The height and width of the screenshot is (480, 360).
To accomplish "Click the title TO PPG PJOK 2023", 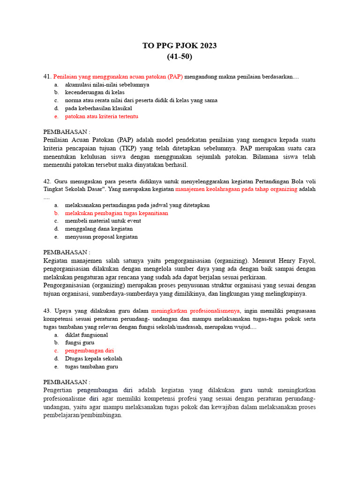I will coord(180,45).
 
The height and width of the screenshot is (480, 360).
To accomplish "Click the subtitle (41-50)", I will coord(180,57).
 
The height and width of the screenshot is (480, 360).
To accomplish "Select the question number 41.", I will coord(47,76).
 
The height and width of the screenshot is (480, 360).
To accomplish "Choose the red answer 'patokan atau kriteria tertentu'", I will coord(102,116).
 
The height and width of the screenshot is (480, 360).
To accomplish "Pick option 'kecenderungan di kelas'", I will coord(95,92).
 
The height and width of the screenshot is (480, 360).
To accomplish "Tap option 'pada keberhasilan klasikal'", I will coord(98,108).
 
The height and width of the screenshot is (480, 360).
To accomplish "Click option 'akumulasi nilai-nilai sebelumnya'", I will coord(107,84).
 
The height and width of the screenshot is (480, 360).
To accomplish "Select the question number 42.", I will coord(47,181).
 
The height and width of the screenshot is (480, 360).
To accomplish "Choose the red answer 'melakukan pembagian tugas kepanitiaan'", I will coord(116,213).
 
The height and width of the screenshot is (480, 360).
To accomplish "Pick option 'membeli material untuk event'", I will coord(103,221).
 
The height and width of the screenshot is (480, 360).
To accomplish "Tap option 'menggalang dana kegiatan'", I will coord(99,229).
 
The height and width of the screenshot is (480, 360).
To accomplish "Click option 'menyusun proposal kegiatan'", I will coord(101,237).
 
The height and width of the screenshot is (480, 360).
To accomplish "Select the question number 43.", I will coord(47,311).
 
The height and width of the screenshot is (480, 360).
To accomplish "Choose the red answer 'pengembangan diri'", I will coord(90,351).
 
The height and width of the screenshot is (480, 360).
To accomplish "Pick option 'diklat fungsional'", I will coord(86,335).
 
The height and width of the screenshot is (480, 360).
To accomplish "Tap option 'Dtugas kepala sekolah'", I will coord(94,359).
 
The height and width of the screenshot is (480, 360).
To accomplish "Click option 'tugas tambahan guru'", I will coord(91,367).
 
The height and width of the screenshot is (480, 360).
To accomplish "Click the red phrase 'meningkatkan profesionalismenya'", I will coord(195,311).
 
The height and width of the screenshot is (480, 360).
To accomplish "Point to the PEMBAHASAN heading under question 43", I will coord(67,382).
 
